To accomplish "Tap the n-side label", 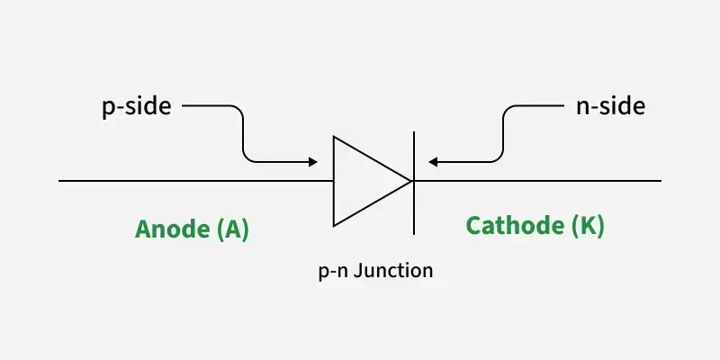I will (x=609, y=106).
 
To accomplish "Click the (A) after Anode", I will (x=233, y=229).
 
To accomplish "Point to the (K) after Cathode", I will (x=589, y=226).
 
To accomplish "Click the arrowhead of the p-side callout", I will (x=312, y=162).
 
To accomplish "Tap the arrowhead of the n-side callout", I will (x=433, y=162).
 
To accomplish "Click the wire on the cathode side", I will (x=540, y=181).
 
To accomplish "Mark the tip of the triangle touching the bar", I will (x=411, y=181).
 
